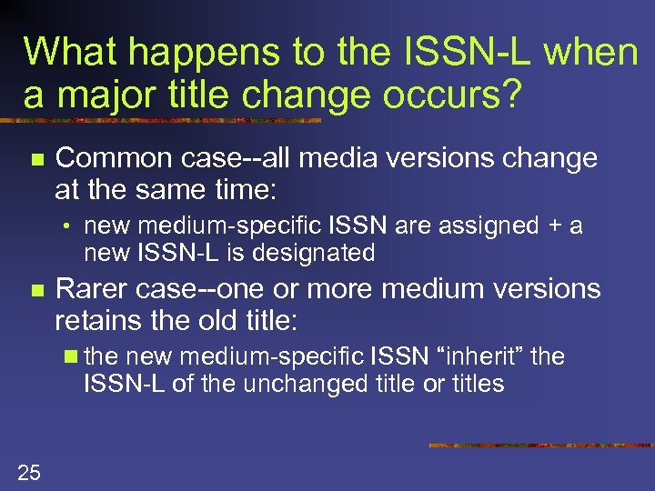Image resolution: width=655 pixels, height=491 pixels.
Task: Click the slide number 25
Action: [30, 470]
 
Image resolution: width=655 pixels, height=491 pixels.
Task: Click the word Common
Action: [111, 159]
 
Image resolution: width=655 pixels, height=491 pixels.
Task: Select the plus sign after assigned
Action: [551, 226]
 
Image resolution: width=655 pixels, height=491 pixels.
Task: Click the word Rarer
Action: [96, 290]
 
